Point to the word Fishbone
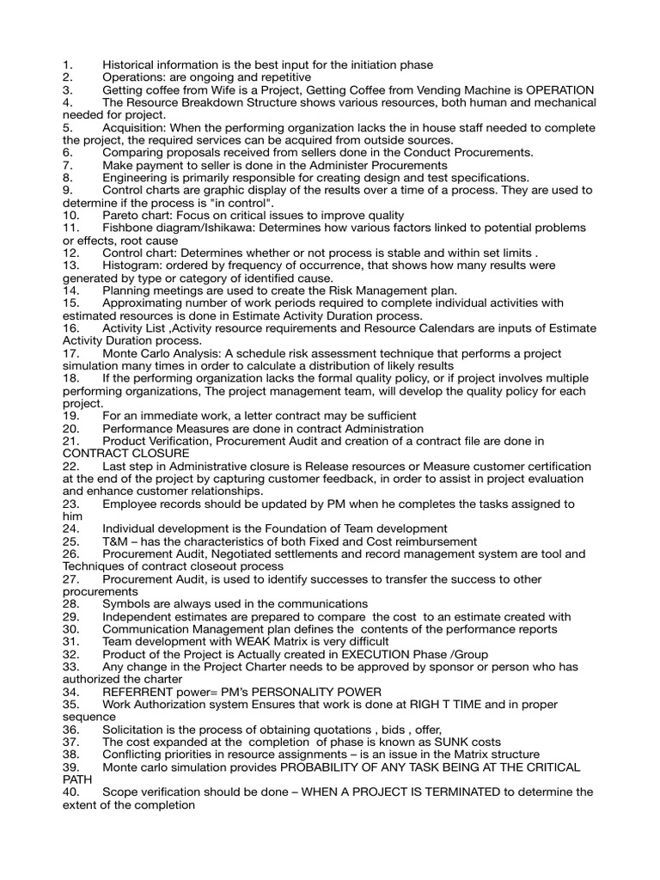(130, 228)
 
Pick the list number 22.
(71, 466)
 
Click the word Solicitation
(136, 730)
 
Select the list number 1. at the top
(68, 64)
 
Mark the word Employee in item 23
(132, 504)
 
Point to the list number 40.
(71, 792)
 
